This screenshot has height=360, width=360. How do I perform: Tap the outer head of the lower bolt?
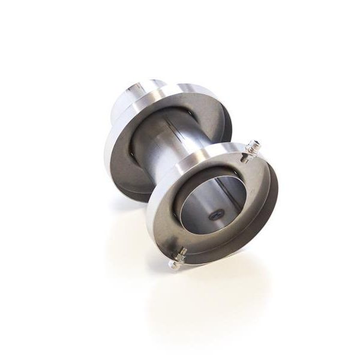point(173,264)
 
